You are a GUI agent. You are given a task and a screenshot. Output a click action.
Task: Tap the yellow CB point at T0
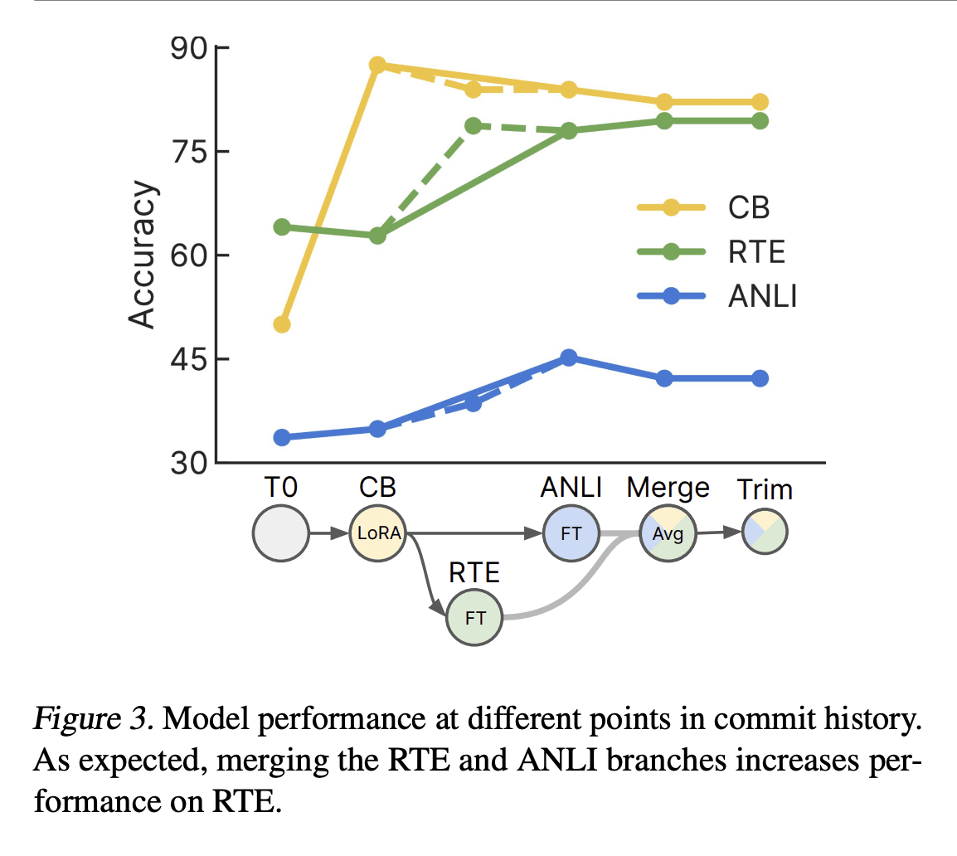point(282,324)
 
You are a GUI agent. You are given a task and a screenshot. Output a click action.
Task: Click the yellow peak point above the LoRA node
point(377,65)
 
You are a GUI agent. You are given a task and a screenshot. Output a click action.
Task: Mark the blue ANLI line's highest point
point(568,357)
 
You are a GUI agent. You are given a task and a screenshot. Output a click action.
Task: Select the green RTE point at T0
point(282,227)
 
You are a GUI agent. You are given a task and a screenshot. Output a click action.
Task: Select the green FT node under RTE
point(474,617)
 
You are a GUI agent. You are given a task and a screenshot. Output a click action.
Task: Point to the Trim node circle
point(765,532)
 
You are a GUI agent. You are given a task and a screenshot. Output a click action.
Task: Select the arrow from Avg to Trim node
point(718,533)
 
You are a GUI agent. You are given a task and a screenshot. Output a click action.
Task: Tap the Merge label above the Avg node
point(668,488)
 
